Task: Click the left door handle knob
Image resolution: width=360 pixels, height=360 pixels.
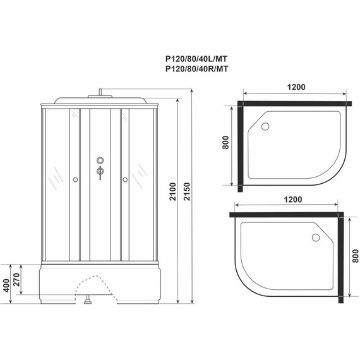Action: [x=75, y=181]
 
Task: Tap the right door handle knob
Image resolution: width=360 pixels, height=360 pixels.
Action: [x=125, y=181]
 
